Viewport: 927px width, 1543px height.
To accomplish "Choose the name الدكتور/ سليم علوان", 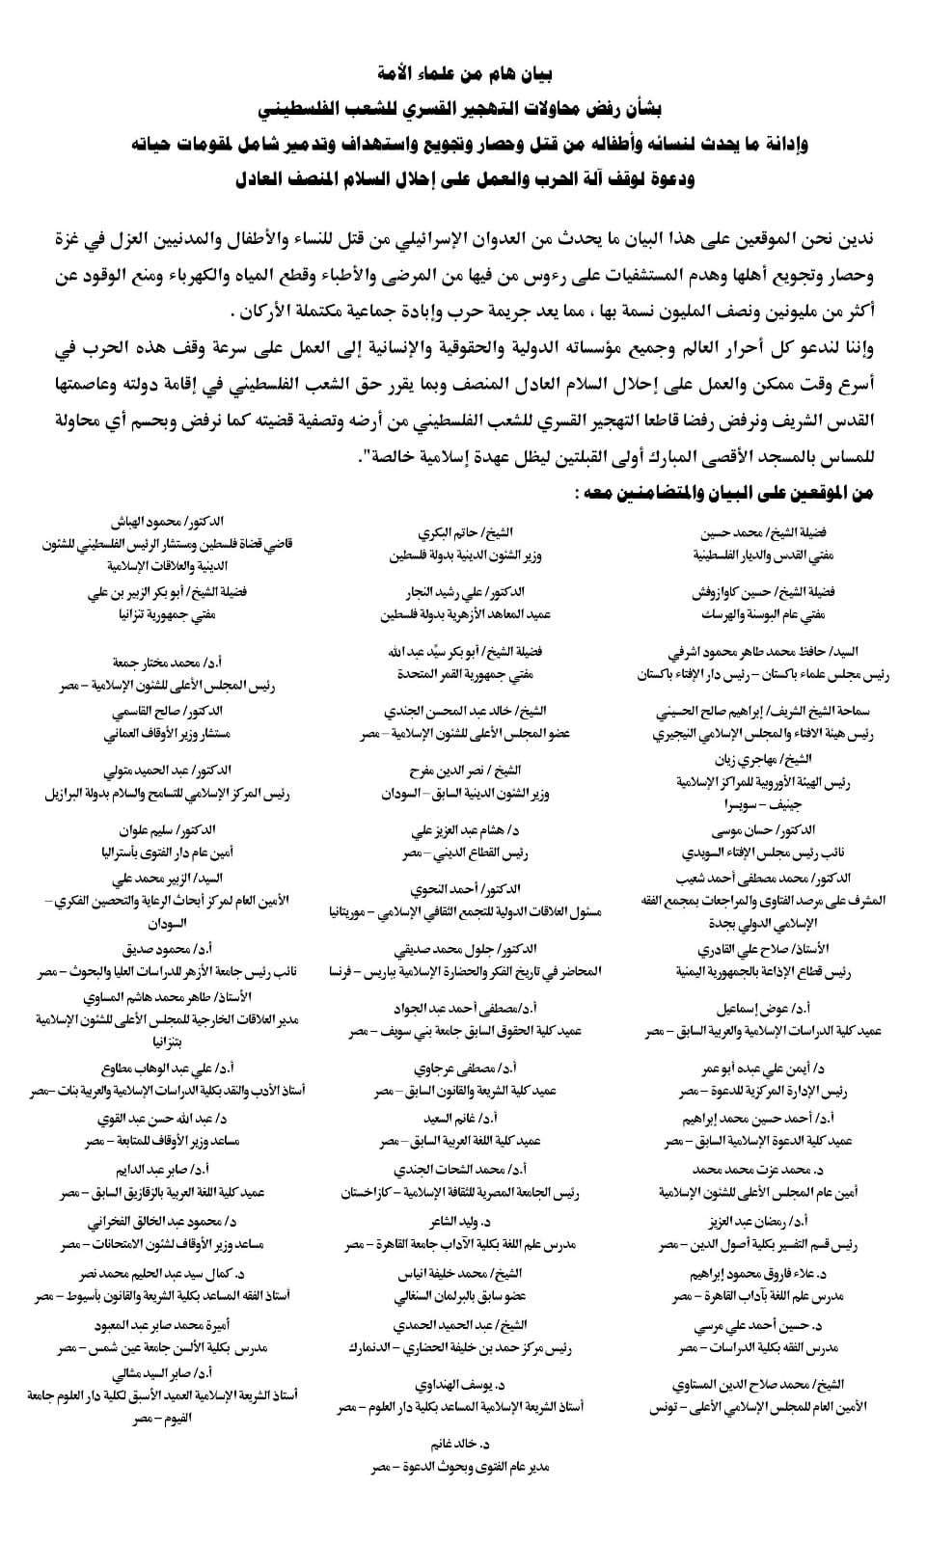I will click(x=167, y=830).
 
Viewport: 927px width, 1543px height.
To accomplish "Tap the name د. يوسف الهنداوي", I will click(x=460, y=1386).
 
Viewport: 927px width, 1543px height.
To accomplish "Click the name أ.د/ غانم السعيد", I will click(x=460, y=1119).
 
